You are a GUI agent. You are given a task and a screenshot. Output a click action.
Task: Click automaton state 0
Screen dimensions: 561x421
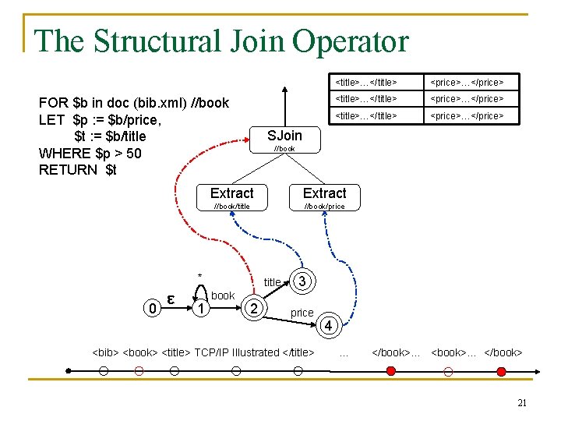[154, 309]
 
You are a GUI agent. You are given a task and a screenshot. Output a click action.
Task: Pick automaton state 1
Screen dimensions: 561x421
[202, 309]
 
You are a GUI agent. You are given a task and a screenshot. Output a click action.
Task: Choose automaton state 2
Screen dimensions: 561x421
[251, 309]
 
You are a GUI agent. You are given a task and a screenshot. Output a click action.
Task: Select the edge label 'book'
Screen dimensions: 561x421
[223, 295]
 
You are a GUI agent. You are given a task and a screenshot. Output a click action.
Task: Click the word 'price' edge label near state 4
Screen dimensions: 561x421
[302, 313]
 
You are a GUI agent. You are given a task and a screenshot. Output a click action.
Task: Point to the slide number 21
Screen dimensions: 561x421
[522, 403]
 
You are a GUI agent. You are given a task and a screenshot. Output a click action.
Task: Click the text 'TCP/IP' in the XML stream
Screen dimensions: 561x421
[210, 352]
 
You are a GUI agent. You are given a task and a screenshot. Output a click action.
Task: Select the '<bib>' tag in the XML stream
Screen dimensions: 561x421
[106, 352]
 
